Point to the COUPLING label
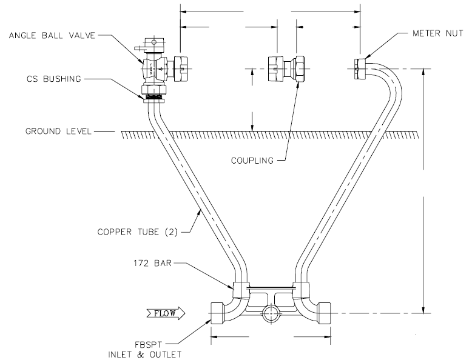click(x=252, y=161)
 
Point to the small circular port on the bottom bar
click(x=268, y=314)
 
